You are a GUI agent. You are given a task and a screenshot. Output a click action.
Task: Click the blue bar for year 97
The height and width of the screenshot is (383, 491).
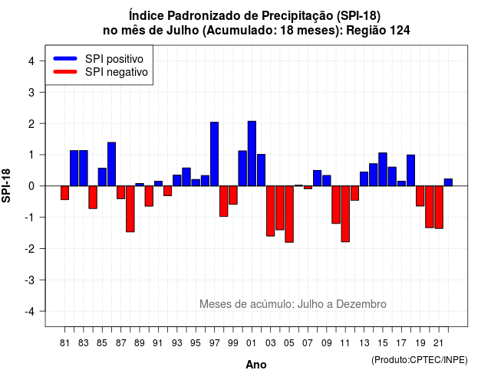pyautogui.click(x=214, y=154)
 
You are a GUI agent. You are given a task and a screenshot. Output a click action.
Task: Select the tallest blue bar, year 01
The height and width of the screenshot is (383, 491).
pyautogui.click(x=252, y=153)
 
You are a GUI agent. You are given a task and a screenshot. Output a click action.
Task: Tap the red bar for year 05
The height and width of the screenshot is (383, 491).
pyautogui.click(x=289, y=214)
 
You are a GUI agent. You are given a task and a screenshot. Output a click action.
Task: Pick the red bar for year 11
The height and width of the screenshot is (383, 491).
pyautogui.click(x=345, y=214)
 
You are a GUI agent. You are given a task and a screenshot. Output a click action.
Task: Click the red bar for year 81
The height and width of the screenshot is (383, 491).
pyautogui.click(x=64, y=192)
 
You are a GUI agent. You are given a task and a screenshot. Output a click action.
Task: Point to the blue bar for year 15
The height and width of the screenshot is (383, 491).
pyautogui.click(x=383, y=169)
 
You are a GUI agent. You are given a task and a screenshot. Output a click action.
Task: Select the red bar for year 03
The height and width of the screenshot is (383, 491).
pyautogui.click(x=271, y=211)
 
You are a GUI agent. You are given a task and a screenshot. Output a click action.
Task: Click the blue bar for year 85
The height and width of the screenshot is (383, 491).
pyautogui.click(x=102, y=177)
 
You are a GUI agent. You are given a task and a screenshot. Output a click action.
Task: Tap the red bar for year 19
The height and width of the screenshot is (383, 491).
pyautogui.click(x=420, y=196)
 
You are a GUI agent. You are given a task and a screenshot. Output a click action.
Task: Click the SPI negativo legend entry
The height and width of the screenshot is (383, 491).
pyautogui.click(x=101, y=72)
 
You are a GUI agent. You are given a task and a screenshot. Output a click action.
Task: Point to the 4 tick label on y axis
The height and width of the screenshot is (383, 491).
pyautogui.click(x=31, y=61)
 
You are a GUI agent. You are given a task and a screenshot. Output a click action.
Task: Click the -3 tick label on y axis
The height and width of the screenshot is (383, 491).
pyautogui.click(x=30, y=280)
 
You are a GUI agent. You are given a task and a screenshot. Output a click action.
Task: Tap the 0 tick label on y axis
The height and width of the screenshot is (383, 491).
pyautogui.click(x=31, y=186)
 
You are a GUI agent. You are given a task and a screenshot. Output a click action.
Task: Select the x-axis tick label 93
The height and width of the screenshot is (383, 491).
pyautogui.click(x=176, y=343)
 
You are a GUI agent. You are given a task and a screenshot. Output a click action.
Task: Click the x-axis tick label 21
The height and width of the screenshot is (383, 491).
pyautogui.click(x=438, y=343)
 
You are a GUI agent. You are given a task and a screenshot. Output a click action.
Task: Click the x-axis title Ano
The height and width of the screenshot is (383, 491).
pyautogui.click(x=256, y=365)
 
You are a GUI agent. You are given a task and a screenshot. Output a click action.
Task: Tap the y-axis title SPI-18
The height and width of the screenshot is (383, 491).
pyautogui.click(x=6, y=185)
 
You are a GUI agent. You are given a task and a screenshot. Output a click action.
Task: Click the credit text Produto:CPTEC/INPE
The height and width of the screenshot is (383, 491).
pyautogui.click(x=420, y=360)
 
